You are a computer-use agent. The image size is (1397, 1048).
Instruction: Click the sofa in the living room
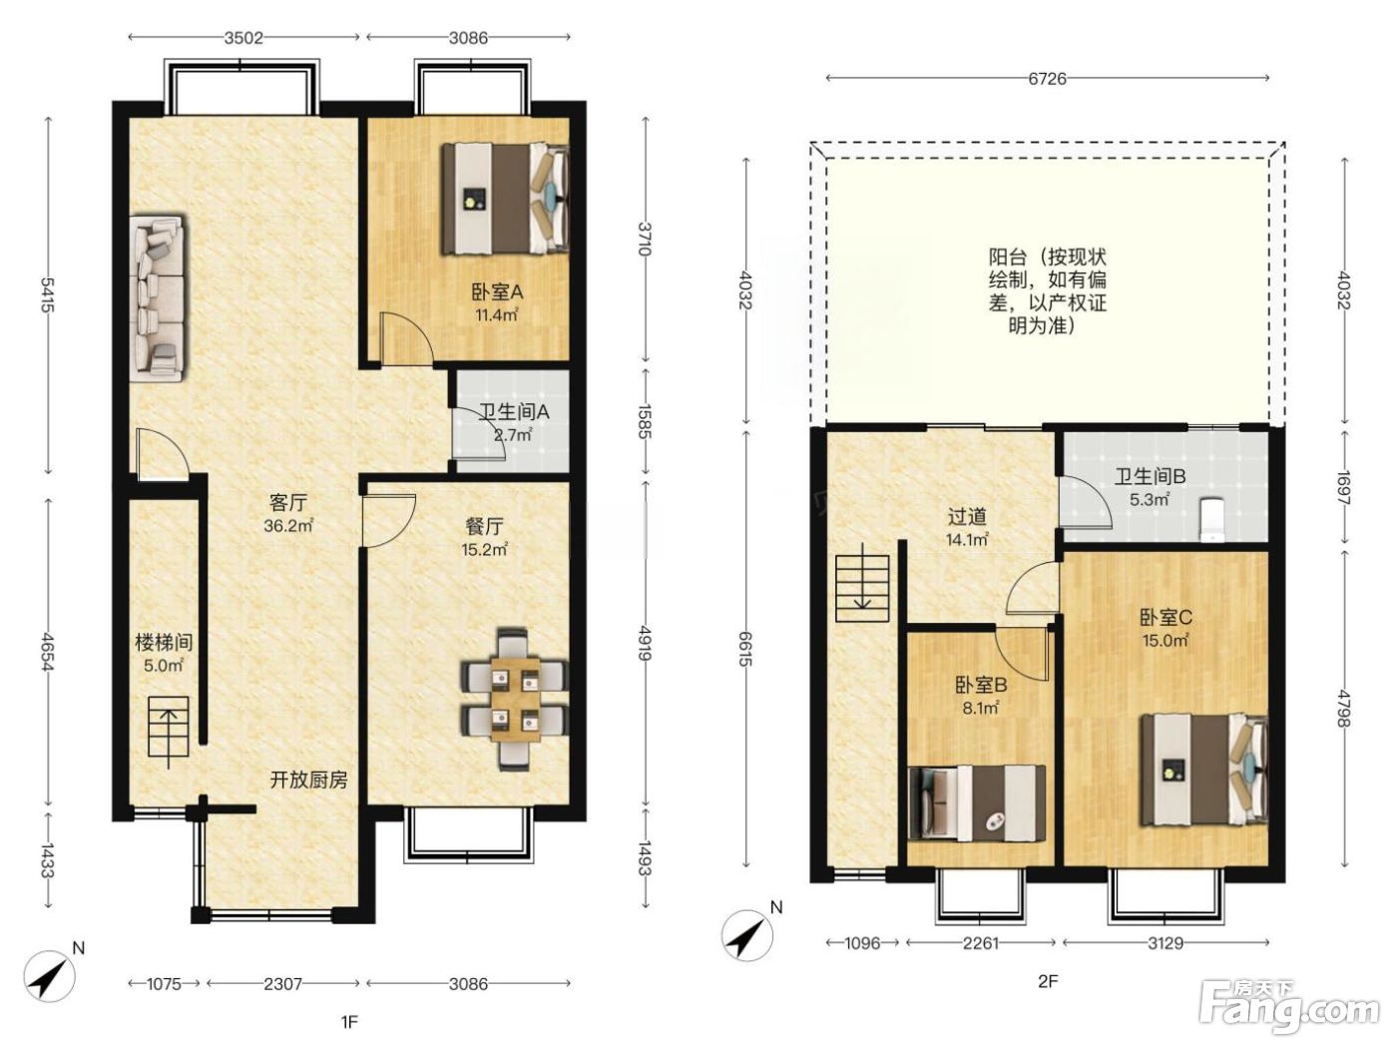(159, 298)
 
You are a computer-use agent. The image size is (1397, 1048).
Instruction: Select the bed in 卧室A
(505, 199)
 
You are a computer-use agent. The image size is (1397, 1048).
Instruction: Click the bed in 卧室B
(977, 803)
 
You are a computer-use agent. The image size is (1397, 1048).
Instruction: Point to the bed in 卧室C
(1202, 770)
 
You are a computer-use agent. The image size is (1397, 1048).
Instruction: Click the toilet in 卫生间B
(1211, 519)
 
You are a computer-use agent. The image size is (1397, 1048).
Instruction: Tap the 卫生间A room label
(514, 411)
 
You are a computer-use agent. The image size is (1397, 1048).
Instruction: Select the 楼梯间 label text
(164, 642)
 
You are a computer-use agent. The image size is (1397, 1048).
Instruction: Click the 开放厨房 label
(308, 780)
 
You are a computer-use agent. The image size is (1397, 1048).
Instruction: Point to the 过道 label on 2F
(967, 517)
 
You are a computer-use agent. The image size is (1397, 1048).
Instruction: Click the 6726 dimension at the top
(1047, 78)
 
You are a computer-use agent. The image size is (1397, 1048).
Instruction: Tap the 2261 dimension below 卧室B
(980, 942)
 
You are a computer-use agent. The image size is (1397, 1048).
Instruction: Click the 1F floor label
(349, 1022)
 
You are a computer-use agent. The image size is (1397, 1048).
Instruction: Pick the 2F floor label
(1047, 981)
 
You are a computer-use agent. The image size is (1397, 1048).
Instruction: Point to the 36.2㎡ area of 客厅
(287, 526)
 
